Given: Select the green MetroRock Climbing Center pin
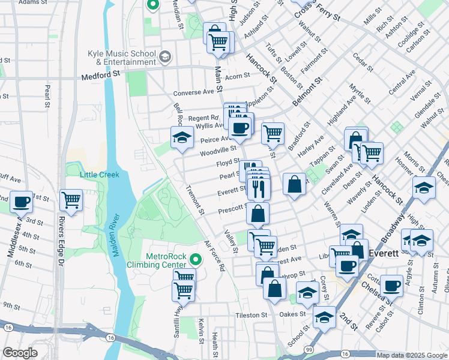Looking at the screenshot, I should click(x=195, y=260).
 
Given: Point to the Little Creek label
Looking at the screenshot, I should click(x=100, y=175).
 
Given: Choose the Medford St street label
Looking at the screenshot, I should click(x=101, y=76).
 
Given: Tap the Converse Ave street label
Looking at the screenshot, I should click(x=193, y=93).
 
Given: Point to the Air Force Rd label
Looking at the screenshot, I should click(x=214, y=256).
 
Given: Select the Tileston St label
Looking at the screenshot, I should click(x=251, y=315).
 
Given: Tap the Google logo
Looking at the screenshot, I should click(x=20, y=353).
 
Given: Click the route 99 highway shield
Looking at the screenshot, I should click(x=308, y=349).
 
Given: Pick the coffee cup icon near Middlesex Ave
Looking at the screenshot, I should click(x=22, y=202).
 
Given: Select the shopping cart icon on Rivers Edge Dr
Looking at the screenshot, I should click(x=71, y=199).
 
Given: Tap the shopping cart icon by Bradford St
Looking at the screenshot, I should click(x=273, y=132).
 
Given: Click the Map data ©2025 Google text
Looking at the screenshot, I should click(x=412, y=355).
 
